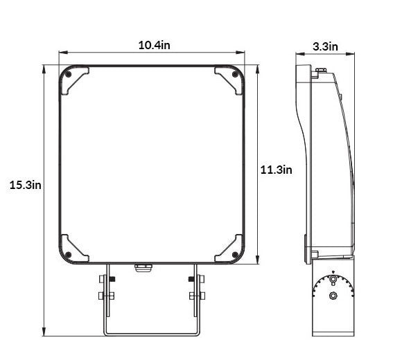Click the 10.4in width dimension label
point(154,45)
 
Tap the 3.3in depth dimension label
point(325,46)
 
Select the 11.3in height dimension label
point(276,170)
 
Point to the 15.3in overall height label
point(25,185)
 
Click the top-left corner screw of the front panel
point(68,75)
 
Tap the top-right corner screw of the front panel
point(234,74)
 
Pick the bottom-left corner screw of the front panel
point(68,255)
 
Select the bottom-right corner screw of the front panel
point(234,255)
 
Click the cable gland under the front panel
point(143,268)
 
